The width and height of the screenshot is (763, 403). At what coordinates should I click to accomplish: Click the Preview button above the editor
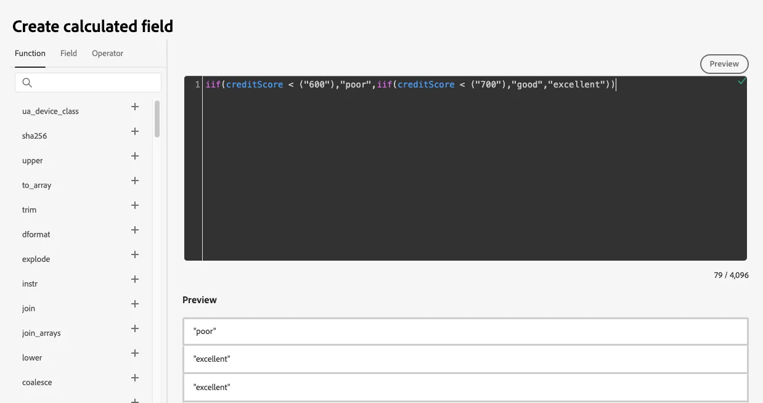click(x=724, y=63)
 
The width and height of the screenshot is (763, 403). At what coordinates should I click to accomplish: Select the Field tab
click(x=68, y=53)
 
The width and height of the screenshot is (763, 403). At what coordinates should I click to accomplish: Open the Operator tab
click(x=107, y=53)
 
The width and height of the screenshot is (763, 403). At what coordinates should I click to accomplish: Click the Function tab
click(x=30, y=53)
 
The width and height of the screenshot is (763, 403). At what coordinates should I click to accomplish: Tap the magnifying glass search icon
click(x=27, y=83)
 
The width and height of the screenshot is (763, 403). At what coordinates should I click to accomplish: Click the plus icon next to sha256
click(x=135, y=131)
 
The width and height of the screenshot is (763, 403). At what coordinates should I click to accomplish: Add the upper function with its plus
click(x=135, y=156)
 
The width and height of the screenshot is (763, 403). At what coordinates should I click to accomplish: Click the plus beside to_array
click(x=135, y=181)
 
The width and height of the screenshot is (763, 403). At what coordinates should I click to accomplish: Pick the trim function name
click(x=30, y=210)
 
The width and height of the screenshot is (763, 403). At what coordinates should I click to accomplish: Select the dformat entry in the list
click(x=36, y=234)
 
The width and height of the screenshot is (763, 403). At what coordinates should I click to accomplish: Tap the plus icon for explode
click(x=135, y=254)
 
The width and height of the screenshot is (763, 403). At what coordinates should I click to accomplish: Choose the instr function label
click(x=30, y=283)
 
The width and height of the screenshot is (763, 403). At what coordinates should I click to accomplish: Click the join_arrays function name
click(x=41, y=333)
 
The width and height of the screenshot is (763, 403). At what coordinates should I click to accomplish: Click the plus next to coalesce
click(x=135, y=378)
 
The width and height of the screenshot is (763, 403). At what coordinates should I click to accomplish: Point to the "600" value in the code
click(x=317, y=84)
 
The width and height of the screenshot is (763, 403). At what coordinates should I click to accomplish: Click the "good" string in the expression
click(x=527, y=84)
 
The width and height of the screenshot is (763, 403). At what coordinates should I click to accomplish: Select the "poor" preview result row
click(x=465, y=331)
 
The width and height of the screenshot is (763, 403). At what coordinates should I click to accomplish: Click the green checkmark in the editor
click(x=742, y=81)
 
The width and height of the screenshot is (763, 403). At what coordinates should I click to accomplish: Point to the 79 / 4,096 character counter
click(x=731, y=275)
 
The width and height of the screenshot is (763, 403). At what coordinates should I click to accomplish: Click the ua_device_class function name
click(x=51, y=111)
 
